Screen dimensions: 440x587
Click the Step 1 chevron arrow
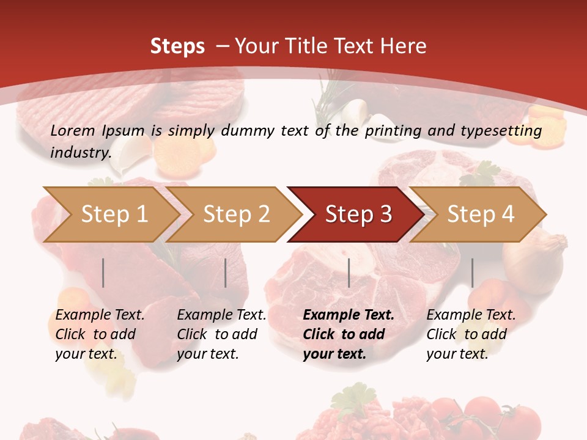point(110,215)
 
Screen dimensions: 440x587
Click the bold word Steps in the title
point(177,46)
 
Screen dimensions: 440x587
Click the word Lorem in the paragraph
point(72,131)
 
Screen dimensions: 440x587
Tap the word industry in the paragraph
point(80,152)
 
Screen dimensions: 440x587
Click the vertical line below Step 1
point(103,273)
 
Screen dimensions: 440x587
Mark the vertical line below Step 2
point(226,273)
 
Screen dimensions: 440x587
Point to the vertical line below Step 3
point(349,273)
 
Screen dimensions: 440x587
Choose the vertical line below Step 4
point(472,273)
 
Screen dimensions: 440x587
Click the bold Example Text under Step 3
point(349,315)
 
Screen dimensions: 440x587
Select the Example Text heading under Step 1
point(100,315)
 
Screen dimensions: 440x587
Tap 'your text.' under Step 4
point(457,354)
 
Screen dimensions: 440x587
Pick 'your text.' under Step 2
point(207,354)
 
